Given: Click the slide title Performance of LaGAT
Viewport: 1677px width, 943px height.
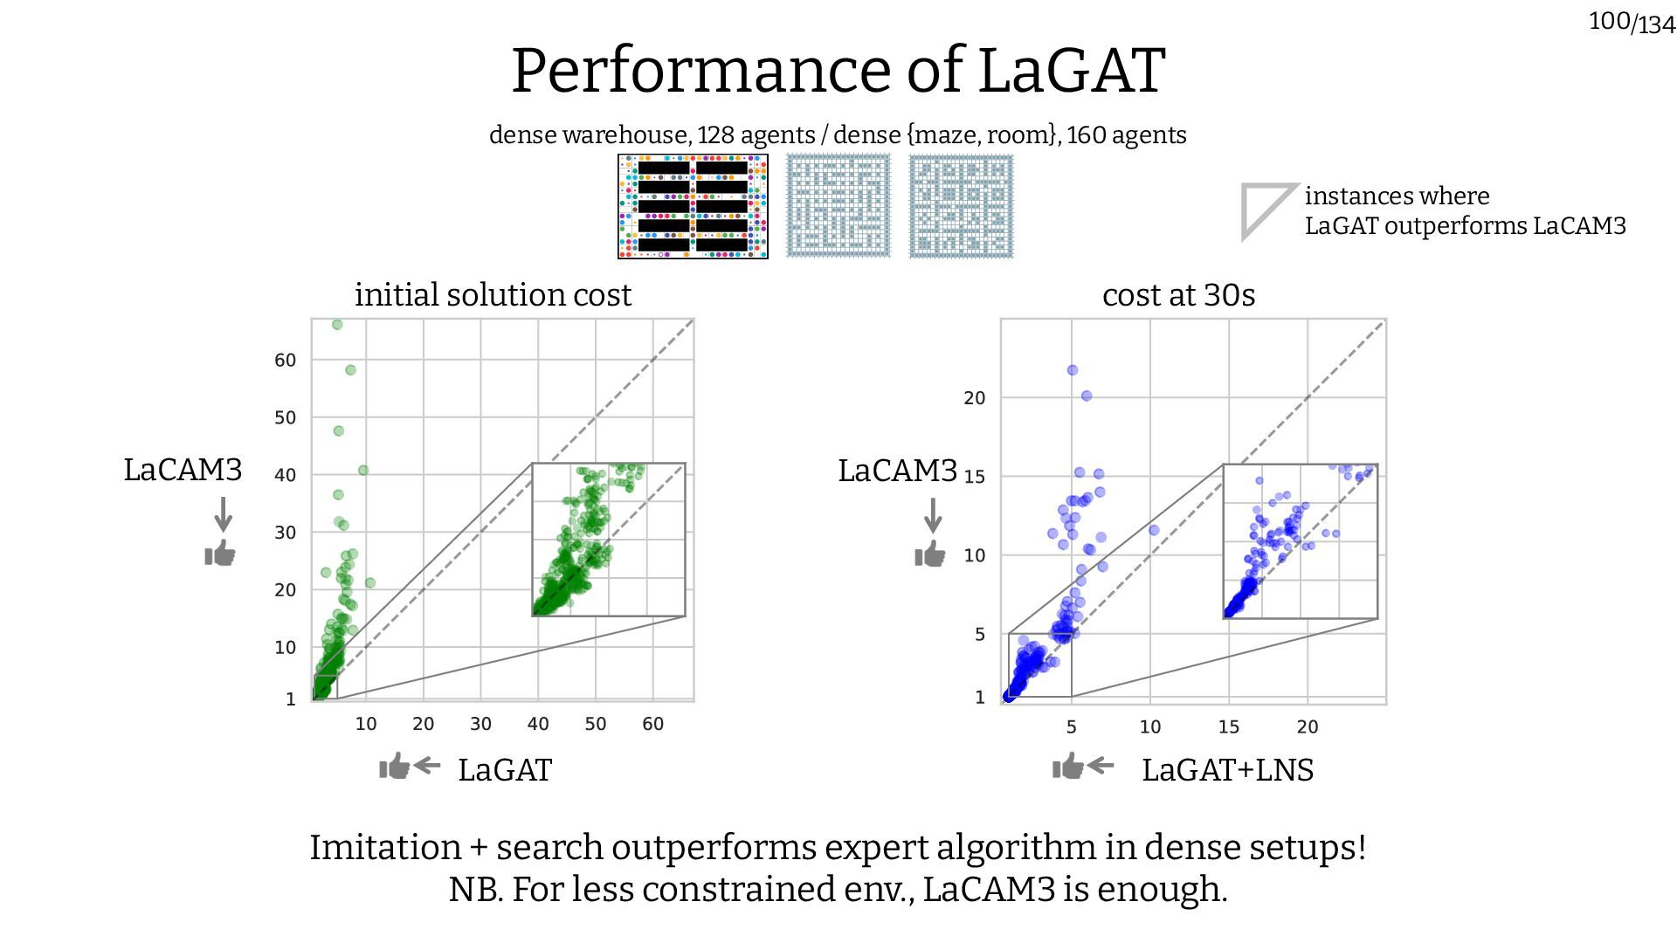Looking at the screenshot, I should (x=838, y=71).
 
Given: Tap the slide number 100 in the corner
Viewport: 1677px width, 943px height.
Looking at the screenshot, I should (x=1609, y=20).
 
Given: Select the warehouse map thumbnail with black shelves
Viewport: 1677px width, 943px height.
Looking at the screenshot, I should (x=693, y=207).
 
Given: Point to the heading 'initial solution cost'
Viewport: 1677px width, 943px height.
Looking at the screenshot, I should (x=493, y=295).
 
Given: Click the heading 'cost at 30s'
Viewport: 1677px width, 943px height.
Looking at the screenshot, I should (x=1178, y=295).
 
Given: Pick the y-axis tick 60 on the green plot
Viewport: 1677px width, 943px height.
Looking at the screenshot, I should (x=285, y=360).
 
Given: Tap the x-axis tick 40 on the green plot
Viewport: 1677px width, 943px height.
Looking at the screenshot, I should (x=538, y=724).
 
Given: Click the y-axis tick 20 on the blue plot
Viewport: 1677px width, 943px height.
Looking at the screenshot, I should (x=974, y=398).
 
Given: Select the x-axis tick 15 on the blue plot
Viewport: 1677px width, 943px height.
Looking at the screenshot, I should (x=1228, y=726).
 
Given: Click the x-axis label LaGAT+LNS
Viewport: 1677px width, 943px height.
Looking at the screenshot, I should (x=1227, y=770).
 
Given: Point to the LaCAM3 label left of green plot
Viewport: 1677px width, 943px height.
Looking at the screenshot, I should (x=183, y=470).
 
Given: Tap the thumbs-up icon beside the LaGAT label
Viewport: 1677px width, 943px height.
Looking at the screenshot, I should (x=394, y=767).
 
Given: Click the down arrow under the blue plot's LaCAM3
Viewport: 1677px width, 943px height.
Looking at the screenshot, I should (x=933, y=515).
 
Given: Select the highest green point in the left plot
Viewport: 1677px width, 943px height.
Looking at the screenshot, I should (x=337, y=325).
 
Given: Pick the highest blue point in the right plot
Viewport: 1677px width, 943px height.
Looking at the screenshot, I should (x=1073, y=370).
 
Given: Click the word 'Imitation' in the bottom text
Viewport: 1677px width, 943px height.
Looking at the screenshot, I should (x=385, y=848).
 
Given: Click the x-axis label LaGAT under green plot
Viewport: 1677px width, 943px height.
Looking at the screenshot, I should (x=505, y=770).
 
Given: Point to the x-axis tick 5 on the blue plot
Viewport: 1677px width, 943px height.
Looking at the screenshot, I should (x=1071, y=726).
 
